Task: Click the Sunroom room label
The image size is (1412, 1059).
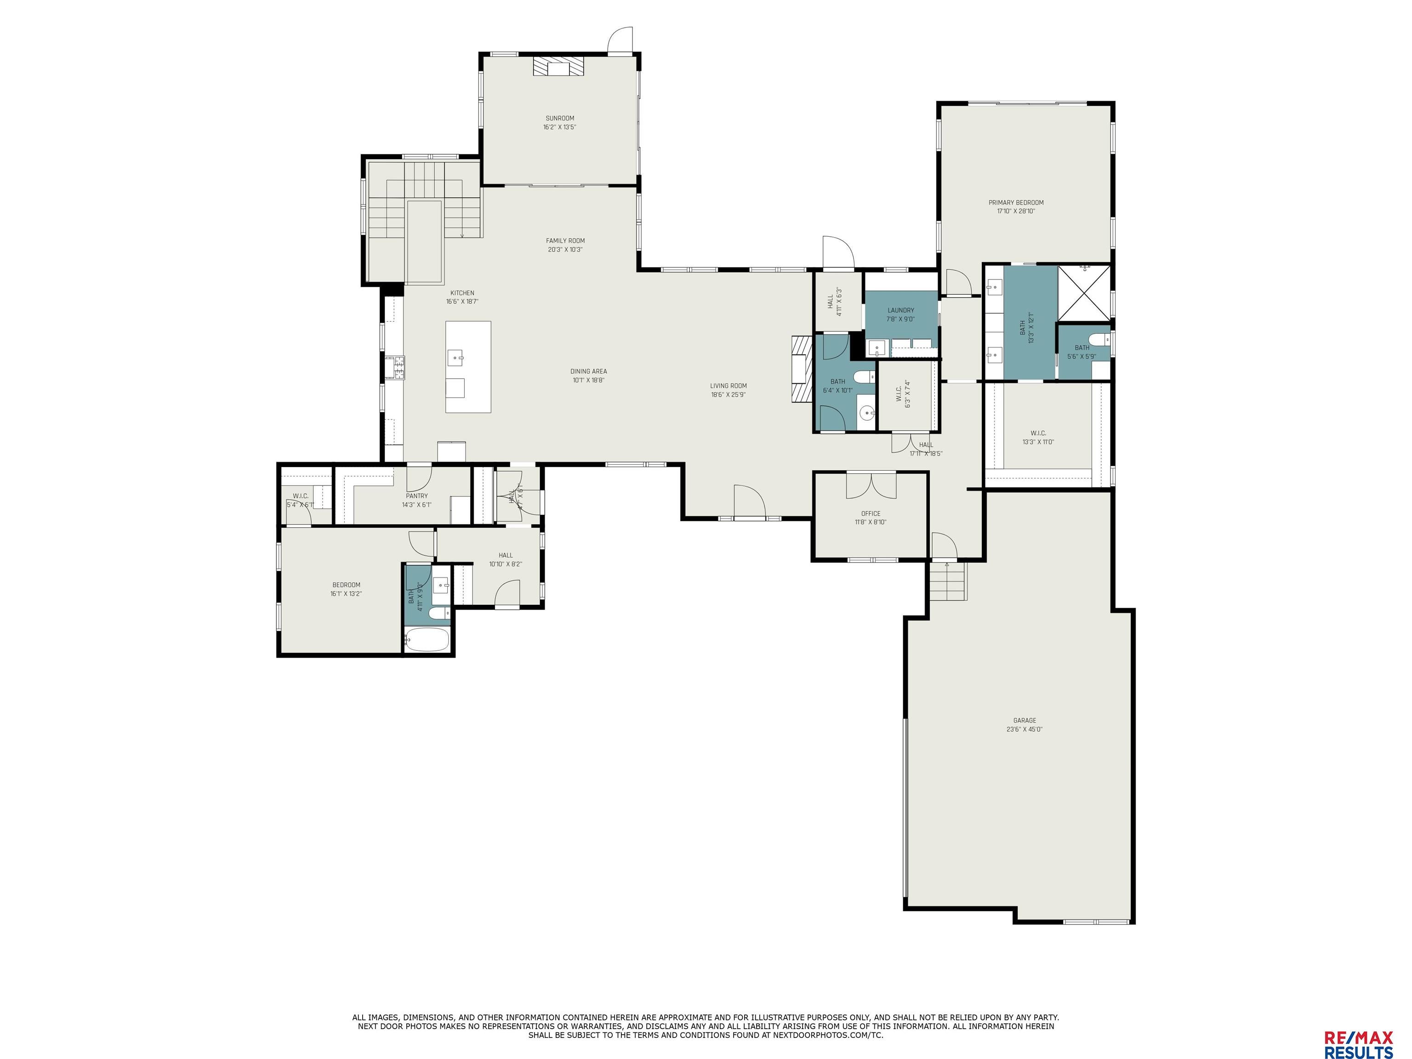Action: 559,118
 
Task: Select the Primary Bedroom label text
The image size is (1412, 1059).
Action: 1016,202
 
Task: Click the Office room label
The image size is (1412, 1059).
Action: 870,513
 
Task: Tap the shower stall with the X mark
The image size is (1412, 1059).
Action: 1084,292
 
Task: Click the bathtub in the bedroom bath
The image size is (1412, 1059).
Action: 427,639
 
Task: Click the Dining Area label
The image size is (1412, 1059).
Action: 588,371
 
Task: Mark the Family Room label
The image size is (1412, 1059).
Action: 565,241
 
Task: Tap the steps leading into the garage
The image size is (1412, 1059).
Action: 947,582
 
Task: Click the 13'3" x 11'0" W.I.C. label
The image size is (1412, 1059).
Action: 1038,433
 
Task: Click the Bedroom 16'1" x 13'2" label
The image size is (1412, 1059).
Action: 346,585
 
